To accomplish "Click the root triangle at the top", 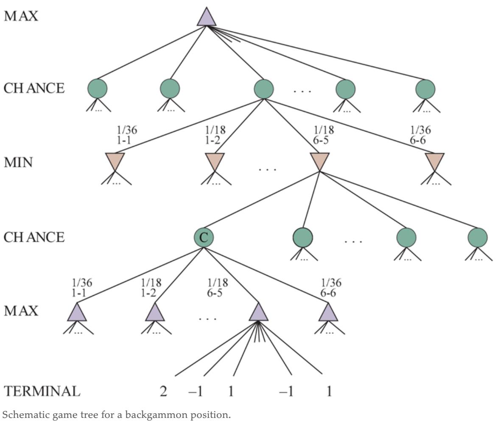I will (x=207, y=18).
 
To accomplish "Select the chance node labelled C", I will (x=204, y=238).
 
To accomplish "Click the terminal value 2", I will (x=163, y=391).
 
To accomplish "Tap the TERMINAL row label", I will (x=42, y=391).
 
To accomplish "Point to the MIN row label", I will (x=18, y=162).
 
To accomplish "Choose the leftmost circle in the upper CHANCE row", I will (x=98, y=89).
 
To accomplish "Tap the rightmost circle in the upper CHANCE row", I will (x=425, y=89).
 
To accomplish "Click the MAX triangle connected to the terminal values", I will (x=258, y=313).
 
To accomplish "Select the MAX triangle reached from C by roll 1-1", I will (x=77, y=313).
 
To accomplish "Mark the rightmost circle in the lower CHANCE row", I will (x=478, y=238).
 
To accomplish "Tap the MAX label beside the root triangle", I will (x=21, y=17).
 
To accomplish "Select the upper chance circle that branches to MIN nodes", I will (x=263, y=89).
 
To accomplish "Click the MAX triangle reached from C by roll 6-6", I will (x=328, y=313).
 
